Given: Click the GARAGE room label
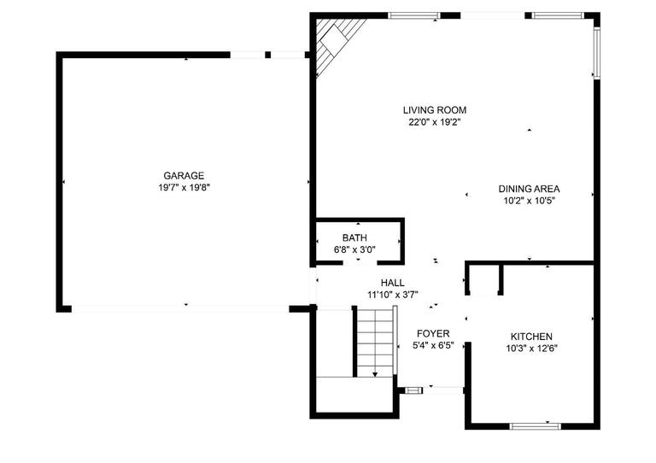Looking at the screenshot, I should pyautogui.click(x=184, y=175).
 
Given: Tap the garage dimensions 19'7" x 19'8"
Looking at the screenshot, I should pyautogui.click(x=184, y=187).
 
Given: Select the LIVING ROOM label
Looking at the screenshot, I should pyautogui.click(x=436, y=110).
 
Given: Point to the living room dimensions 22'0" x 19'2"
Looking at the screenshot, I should pyautogui.click(x=436, y=122).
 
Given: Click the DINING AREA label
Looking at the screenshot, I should pyautogui.click(x=530, y=190).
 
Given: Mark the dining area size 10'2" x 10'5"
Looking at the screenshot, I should pyautogui.click(x=530, y=202).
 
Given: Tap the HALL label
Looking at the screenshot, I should pyautogui.click(x=393, y=283).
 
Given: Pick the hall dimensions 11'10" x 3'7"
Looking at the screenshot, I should pyautogui.click(x=393, y=296).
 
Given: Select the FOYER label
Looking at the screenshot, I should pyautogui.click(x=433, y=333).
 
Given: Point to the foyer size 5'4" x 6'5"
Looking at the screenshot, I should pyautogui.click(x=433, y=346).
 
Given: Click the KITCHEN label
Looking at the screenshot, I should pyautogui.click(x=531, y=337).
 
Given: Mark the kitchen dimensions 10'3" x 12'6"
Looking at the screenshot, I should pyautogui.click(x=531, y=349).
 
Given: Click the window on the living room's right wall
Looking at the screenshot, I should pyautogui.click(x=597, y=53).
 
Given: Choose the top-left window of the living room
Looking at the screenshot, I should pyautogui.click(x=413, y=15).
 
